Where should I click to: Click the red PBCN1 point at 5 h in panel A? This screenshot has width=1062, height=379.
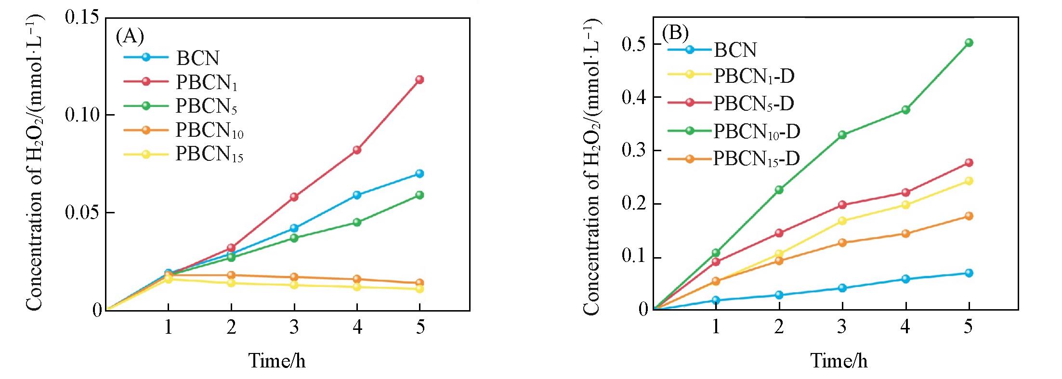coord(420,79)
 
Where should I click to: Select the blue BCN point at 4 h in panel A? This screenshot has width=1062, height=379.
coord(357,195)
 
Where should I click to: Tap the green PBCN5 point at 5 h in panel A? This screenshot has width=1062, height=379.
coord(420,195)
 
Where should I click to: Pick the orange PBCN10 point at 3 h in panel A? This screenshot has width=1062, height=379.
coord(294,277)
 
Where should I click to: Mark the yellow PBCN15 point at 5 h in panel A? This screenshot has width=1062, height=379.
coord(420,289)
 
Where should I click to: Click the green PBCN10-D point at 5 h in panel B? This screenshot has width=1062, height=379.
coord(969,42)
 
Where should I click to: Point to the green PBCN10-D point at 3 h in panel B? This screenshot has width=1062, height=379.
coord(842,135)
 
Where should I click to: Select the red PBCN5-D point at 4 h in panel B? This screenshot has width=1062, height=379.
coord(905,193)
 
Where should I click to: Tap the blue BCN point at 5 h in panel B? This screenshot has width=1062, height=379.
coord(969,273)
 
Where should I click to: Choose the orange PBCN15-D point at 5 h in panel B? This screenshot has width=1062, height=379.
coord(969,216)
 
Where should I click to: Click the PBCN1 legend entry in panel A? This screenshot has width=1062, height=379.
coord(206,82)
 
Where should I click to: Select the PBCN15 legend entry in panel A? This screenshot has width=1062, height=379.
coord(209,155)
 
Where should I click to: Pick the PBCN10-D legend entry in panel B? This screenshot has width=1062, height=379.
coord(756,131)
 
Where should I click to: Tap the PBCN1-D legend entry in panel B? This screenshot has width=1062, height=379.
coord(753,76)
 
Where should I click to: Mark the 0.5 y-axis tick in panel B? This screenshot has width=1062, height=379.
coord(635,44)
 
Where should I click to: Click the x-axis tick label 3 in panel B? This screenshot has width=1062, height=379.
coord(842,327)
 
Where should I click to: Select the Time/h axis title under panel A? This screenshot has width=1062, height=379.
coord(277,361)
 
